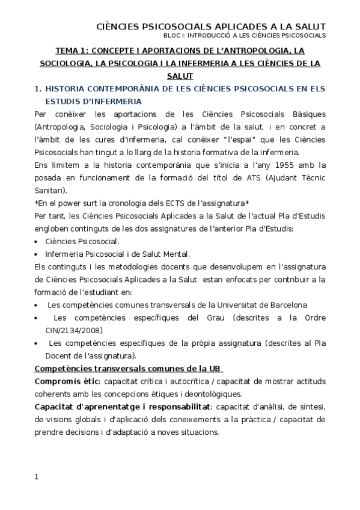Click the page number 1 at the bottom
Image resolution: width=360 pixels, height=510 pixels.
point(37,478)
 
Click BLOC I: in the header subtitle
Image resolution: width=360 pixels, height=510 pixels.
point(180,35)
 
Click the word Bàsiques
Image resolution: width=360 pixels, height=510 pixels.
point(303,114)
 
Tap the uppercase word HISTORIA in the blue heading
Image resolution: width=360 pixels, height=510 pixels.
point(68,89)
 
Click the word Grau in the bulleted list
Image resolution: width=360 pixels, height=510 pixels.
point(219,318)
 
